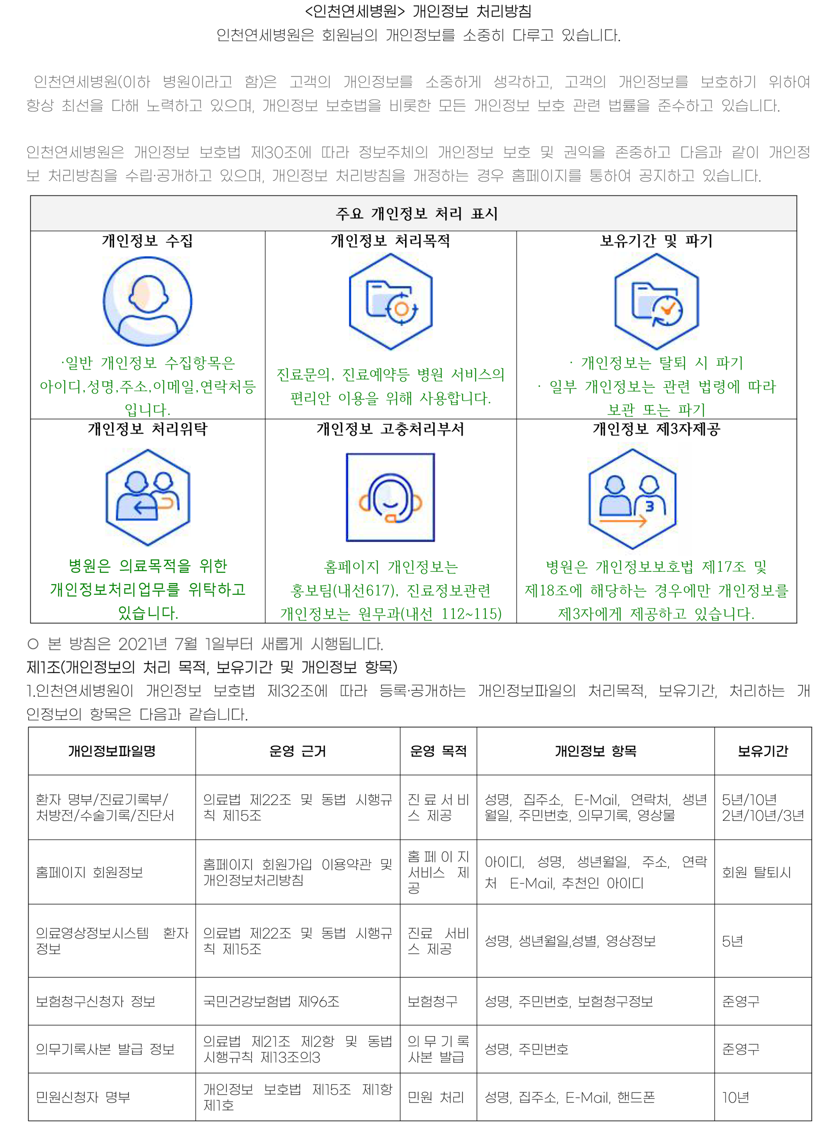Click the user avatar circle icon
pyautogui.click(x=147, y=301)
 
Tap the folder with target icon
pyautogui.click(x=390, y=301)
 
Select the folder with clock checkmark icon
pyautogui.click(x=657, y=301)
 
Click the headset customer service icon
pyautogui.click(x=390, y=497)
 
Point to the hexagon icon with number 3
pyautogui.click(x=632, y=498)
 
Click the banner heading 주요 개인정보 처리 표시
pyautogui.click(x=417, y=214)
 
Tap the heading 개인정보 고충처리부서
pyautogui.click(x=390, y=429)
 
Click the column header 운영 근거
pyautogui.click(x=298, y=751)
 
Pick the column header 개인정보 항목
pyautogui.click(x=595, y=751)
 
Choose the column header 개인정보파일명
pyautogui.click(x=112, y=751)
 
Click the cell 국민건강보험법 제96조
pyautogui.click(x=271, y=1002)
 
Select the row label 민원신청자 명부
pyautogui.click(x=83, y=1097)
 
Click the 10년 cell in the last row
pyautogui.click(x=736, y=1097)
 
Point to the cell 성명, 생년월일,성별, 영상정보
pyautogui.click(x=570, y=941)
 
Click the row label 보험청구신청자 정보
pyautogui.click(x=95, y=1002)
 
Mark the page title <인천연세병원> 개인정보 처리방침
pyautogui.click(x=418, y=11)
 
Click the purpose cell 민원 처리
pyautogui.click(x=436, y=1097)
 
